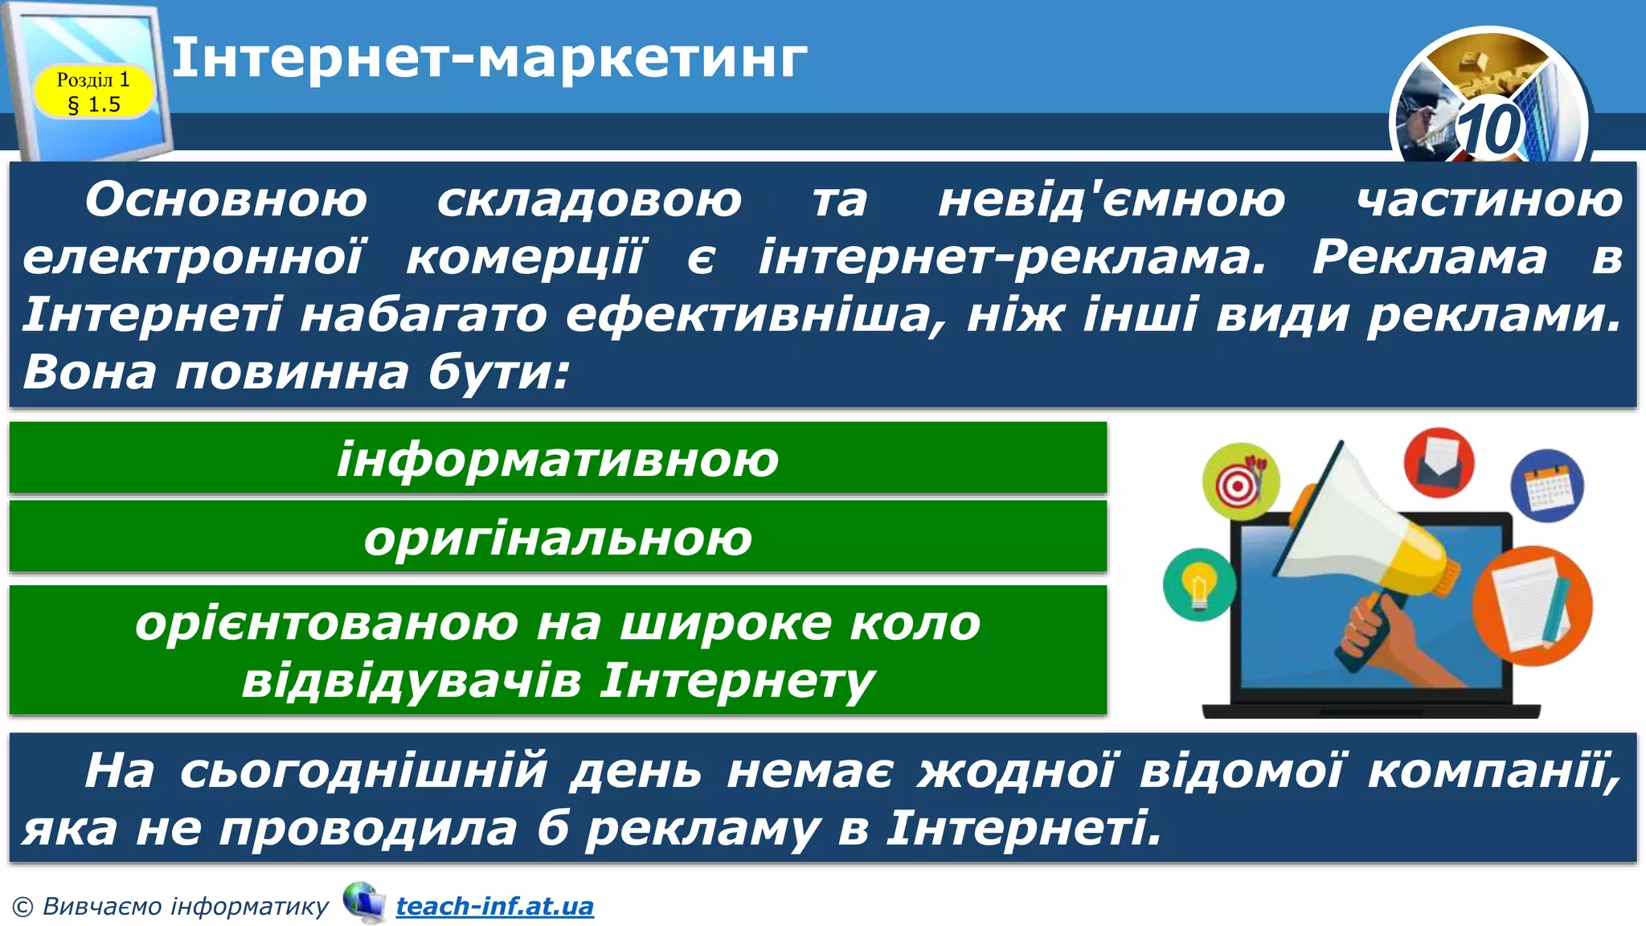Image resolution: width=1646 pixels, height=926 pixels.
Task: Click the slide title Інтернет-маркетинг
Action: coord(489,58)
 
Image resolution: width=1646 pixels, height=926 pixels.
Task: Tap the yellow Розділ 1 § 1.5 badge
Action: coord(93,92)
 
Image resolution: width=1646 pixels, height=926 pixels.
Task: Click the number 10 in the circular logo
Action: coord(1489,129)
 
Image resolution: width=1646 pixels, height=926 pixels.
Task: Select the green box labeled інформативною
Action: coord(558,458)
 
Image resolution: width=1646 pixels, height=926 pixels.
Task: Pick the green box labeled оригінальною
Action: coord(558,537)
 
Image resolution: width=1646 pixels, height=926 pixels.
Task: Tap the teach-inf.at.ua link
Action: coord(494,906)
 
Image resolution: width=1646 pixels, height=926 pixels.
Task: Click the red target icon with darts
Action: coord(1240,481)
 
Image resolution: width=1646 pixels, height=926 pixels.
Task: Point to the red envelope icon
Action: coord(1438,462)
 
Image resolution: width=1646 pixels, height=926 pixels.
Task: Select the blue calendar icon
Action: coord(1546,486)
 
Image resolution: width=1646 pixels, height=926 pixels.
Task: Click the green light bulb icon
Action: coord(1198,584)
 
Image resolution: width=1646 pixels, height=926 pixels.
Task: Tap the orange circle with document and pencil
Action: coord(1531,604)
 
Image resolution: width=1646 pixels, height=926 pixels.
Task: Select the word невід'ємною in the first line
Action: coord(1112,199)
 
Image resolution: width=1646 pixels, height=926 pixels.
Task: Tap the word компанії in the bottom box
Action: coord(1493,770)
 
